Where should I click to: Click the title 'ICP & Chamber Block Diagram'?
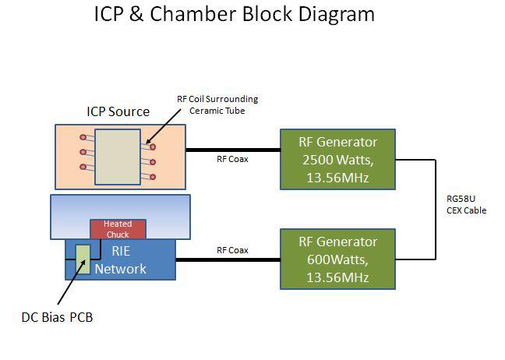235,14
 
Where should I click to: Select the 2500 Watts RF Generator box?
337,160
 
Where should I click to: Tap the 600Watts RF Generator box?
337,259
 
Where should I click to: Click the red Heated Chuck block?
118,228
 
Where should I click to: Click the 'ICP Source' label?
118,111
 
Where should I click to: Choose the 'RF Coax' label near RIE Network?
232,250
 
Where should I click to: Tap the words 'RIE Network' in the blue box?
120,261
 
